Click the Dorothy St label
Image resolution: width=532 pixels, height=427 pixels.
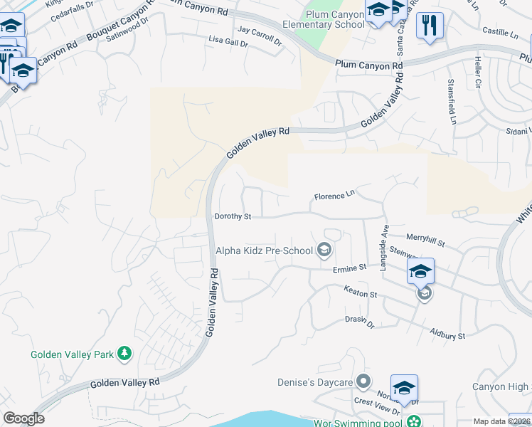click(233, 216)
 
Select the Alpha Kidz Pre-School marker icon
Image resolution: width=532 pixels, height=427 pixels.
click(324, 249)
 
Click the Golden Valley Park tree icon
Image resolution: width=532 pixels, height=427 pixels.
click(125, 354)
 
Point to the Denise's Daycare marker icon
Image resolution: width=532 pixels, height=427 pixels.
click(363, 382)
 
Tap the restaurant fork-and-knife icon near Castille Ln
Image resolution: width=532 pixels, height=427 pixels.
click(430, 26)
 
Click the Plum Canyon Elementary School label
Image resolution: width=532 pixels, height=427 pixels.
click(334, 19)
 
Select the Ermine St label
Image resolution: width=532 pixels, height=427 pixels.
click(349, 268)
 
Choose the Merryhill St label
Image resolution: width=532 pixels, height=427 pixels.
click(425, 241)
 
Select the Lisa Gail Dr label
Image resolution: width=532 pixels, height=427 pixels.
click(228, 43)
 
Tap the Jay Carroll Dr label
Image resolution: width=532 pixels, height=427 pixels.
click(260, 34)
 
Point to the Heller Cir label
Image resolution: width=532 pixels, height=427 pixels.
click(478, 73)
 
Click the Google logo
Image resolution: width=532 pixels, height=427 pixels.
click(23, 418)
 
